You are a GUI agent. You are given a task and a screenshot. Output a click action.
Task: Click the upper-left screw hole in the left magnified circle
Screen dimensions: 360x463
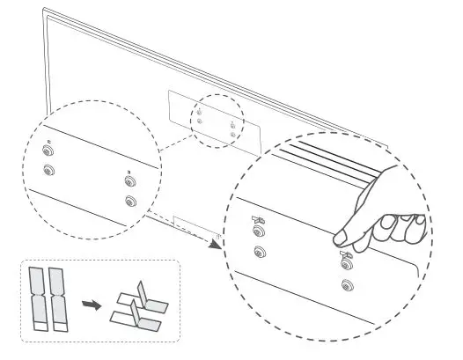48,151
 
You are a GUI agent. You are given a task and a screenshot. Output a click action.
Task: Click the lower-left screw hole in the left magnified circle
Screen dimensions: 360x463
48,172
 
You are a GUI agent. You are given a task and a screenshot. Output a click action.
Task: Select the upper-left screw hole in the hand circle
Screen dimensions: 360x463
258,232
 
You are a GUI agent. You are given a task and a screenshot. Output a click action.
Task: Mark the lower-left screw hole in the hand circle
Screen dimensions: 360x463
258,253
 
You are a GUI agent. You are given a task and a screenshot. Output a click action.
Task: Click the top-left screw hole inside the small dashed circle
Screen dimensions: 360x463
200,112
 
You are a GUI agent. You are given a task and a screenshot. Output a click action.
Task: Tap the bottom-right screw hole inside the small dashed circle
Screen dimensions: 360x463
231,135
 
